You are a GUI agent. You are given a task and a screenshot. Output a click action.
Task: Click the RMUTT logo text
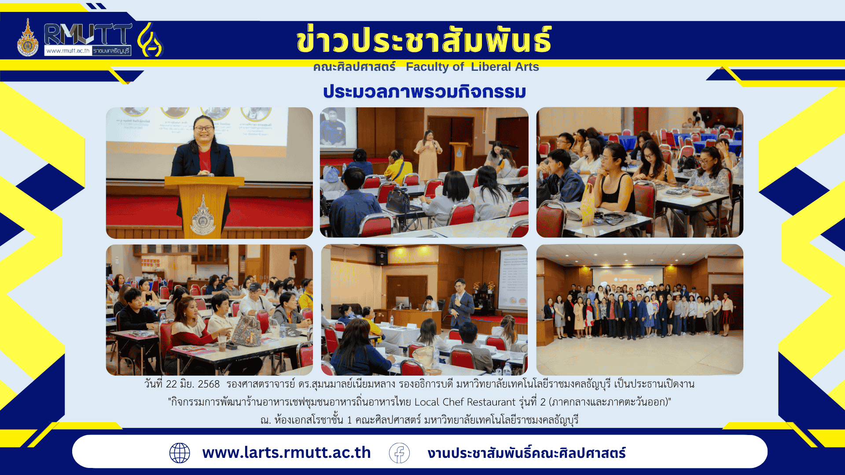[88, 34]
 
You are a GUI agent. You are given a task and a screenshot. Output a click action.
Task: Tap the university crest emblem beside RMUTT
[28, 38]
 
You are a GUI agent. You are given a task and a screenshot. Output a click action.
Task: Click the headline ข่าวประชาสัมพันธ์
[424, 40]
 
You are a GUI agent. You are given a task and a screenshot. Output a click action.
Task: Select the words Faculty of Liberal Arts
[472, 67]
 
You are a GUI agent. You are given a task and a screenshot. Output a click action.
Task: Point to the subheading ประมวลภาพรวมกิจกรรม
[425, 91]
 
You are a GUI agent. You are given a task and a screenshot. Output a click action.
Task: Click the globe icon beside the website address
[180, 453]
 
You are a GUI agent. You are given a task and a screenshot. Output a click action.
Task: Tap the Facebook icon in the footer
[399, 453]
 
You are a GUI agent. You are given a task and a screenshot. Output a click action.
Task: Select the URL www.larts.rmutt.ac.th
[287, 453]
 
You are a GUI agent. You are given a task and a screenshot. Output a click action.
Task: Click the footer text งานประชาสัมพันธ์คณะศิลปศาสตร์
[526, 453]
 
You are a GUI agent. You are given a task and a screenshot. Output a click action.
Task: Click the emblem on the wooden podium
[203, 215]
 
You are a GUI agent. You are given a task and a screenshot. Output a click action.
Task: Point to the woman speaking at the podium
[203, 150]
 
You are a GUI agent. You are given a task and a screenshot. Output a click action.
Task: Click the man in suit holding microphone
[460, 304]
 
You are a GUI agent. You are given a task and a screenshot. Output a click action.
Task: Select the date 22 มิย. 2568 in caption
[193, 384]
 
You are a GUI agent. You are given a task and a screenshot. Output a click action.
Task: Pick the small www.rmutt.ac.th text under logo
[68, 51]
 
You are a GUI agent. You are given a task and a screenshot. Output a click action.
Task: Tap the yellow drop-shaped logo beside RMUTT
[151, 40]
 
